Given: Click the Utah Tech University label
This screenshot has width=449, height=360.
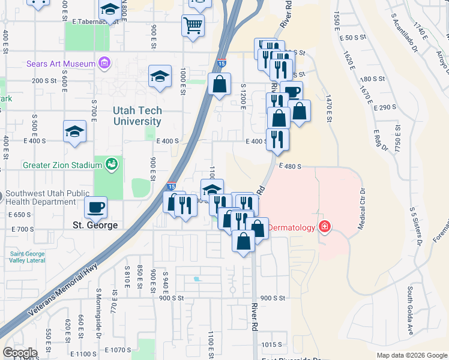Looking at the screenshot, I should point(137,116).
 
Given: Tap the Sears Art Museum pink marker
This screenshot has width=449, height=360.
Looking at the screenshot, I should point(105,63).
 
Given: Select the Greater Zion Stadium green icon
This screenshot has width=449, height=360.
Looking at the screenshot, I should point(110,163).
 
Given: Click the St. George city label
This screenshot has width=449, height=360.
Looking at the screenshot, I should point(95,226).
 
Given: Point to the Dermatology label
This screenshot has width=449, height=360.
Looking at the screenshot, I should point(291,227).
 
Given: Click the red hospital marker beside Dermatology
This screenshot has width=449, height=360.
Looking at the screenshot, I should point(324,227).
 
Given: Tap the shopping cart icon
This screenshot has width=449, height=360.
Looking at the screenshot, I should point(193,26).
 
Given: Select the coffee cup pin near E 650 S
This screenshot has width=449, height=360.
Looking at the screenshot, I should point(96,208).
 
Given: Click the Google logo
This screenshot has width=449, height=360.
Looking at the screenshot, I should point(20,353).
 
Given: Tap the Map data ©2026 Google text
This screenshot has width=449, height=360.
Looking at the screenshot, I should point(412,355).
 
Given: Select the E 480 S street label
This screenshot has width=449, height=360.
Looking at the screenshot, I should point(289,166).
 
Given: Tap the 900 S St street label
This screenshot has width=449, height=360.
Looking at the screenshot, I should point(274,298).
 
